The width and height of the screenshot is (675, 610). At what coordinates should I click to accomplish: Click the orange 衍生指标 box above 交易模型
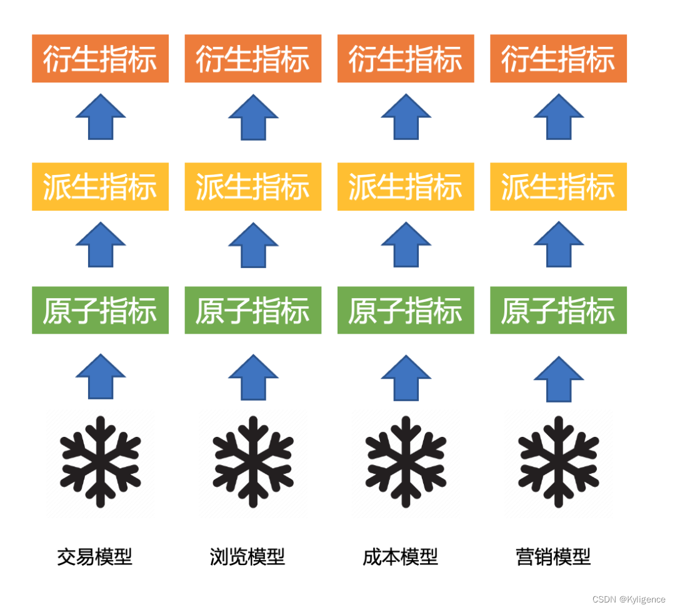[x=100, y=59]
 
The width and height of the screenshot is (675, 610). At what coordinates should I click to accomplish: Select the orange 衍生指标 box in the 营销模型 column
[x=558, y=59]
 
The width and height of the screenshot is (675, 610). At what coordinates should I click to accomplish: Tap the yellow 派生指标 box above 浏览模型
[x=252, y=187]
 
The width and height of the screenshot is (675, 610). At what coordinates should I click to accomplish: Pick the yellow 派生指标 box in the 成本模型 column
[x=406, y=187]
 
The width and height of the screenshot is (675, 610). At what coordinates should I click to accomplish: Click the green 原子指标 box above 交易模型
[x=100, y=311]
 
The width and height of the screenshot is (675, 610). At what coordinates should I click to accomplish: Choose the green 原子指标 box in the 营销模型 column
[x=558, y=311]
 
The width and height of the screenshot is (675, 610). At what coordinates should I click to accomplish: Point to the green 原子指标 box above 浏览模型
[x=252, y=311]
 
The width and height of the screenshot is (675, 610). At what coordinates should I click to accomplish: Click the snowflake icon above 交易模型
[x=100, y=461]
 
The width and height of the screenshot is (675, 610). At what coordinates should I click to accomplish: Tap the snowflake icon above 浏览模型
[x=252, y=461]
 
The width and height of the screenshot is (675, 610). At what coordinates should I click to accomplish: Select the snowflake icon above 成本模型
[x=406, y=461]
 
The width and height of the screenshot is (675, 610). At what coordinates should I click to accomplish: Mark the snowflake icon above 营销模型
[x=558, y=461]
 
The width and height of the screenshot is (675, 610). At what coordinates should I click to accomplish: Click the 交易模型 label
[x=94, y=556]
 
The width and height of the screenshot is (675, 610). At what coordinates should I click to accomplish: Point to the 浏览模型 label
[x=247, y=556]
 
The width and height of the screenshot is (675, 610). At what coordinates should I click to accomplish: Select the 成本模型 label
[x=400, y=556]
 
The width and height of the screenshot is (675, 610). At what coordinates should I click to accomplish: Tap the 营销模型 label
[x=553, y=556]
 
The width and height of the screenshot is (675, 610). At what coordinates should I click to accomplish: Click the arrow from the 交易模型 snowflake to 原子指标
[x=100, y=377]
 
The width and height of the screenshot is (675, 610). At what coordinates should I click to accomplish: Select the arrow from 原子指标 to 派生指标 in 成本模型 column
[x=406, y=244]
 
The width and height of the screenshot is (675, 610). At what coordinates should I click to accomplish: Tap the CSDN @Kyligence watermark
[x=629, y=599]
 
